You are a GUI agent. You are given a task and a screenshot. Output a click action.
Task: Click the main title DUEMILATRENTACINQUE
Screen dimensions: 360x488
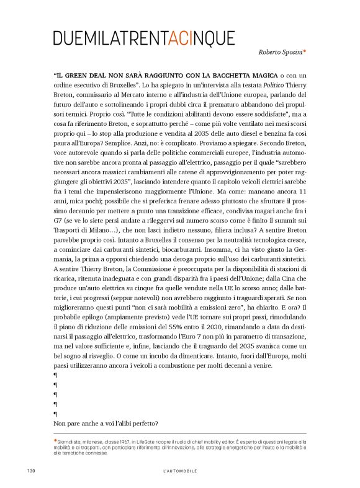pos(144,38)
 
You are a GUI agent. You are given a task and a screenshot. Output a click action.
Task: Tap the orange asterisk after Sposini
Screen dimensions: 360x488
pos(305,51)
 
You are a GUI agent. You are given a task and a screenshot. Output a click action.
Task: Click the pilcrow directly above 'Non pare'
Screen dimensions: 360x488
pos(56,414)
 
